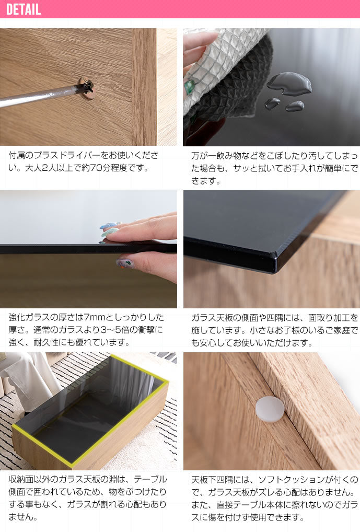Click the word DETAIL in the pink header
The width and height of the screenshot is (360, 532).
(x=24, y=10)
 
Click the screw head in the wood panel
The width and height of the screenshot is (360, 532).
(x=86, y=88)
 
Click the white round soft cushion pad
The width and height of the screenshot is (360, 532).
(x=270, y=409)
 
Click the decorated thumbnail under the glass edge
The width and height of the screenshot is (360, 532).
(x=125, y=263)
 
